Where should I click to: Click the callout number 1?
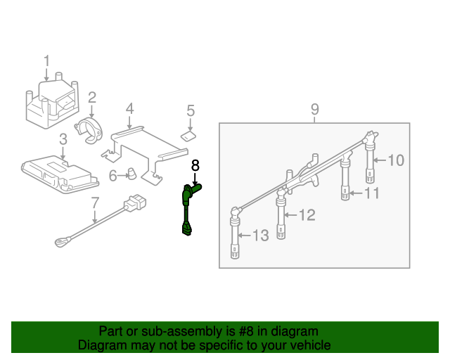tap(47, 61)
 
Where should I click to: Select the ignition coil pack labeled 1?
tap(51, 104)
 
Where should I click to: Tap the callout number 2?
tap(91, 97)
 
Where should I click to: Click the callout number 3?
tap(63, 139)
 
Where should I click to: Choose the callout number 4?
tap(129, 109)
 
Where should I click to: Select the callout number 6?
tap(112, 175)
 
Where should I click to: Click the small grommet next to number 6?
tap(131, 173)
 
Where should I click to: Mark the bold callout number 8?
tap(195, 165)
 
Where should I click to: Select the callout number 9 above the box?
tap(314, 109)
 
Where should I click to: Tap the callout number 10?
tap(396, 160)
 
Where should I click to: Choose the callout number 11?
tap(372, 192)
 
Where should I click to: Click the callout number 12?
tap(307, 215)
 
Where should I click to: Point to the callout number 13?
tap(260, 236)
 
